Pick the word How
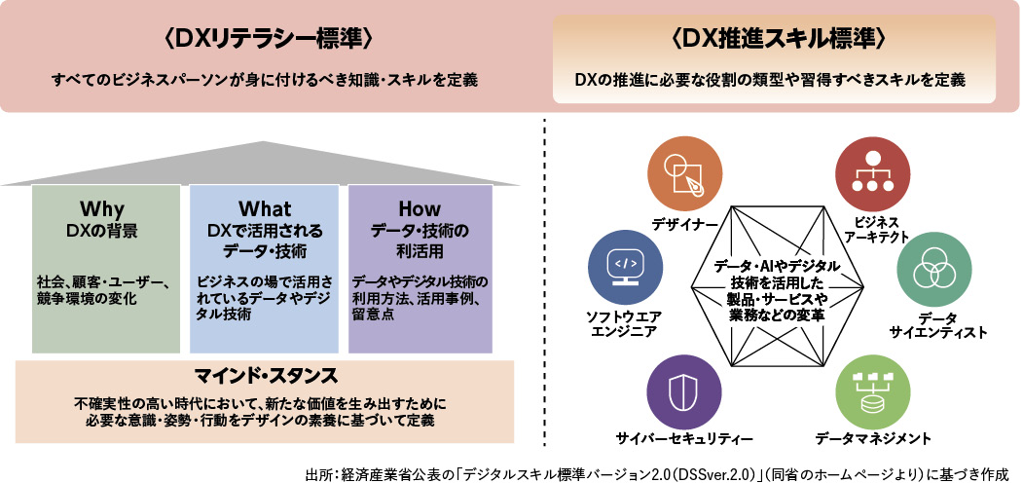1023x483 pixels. click(420, 209)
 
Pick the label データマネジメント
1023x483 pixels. click(873, 439)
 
